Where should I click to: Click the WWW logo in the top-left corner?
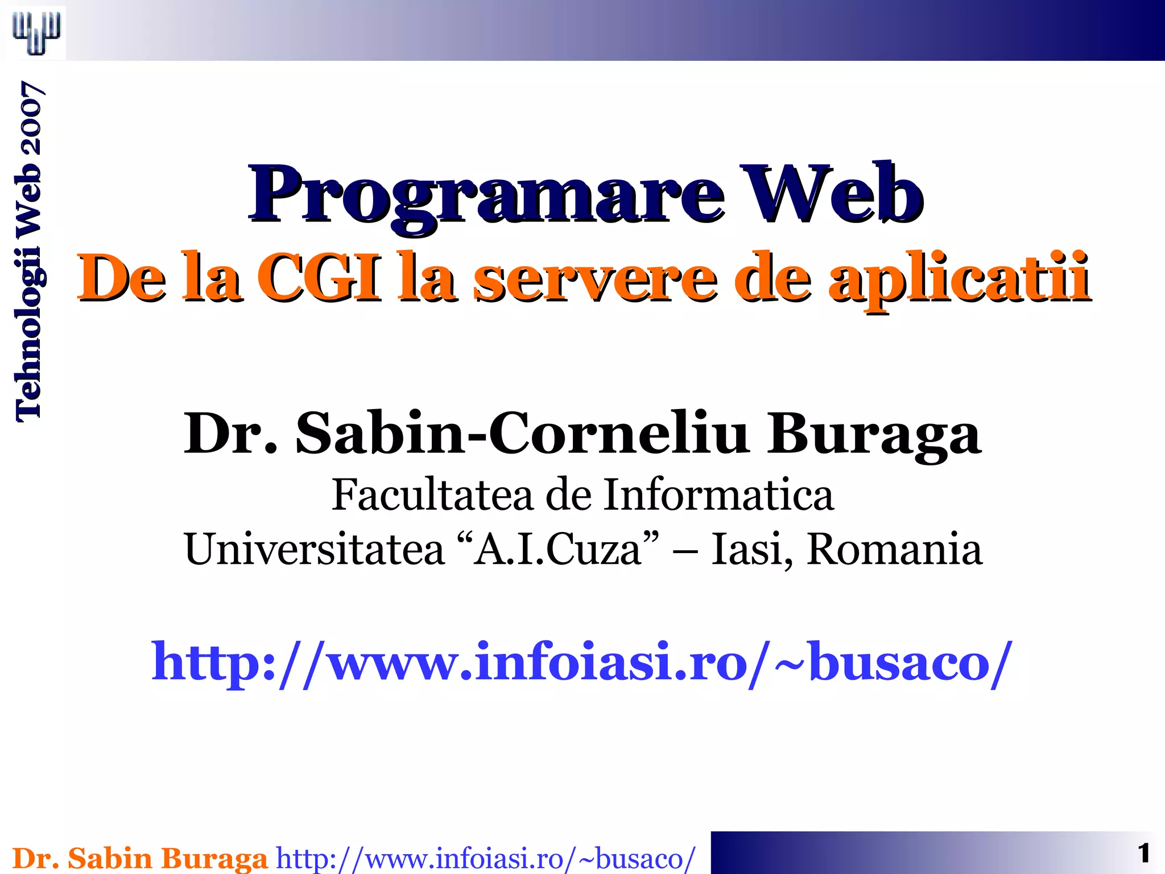[x=36, y=32]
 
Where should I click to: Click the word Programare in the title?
[x=486, y=196]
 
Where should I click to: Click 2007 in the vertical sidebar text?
[x=28, y=118]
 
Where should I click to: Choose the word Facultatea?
[x=432, y=495]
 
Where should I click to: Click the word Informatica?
[x=718, y=495]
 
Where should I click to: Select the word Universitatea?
[x=314, y=550]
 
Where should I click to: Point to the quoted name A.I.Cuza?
[x=557, y=550]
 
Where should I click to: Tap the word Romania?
[x=894, y=550]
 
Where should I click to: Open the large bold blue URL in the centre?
[x=581, y=662]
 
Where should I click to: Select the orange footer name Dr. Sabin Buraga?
[x=140, y=858]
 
